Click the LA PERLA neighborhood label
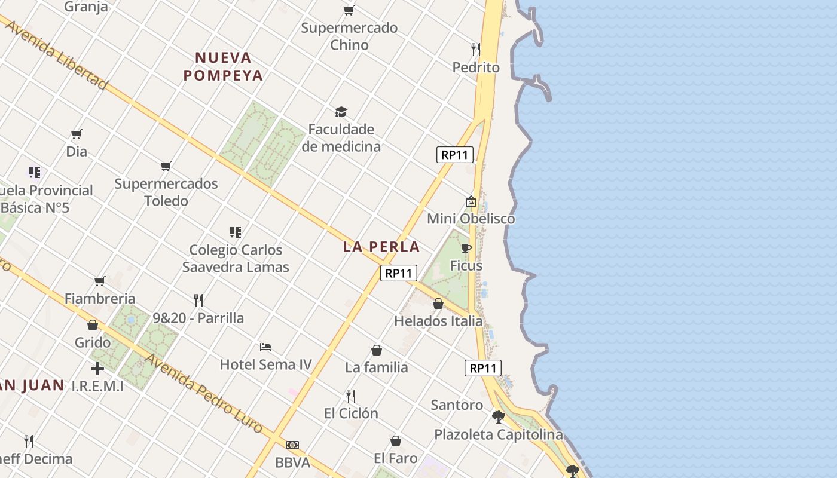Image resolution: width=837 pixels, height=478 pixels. pyautogui.click(x=381, y=247)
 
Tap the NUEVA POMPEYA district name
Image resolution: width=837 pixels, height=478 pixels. pyautogui.click(x=224, y=66)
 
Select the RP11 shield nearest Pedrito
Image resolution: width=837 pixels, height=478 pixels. pyautogui.click(x=454, y=155)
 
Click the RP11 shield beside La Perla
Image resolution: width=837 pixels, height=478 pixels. pyautogui.click(x=399, y=273)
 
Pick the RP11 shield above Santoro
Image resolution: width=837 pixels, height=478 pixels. pyautogui.click(x=482, y=368)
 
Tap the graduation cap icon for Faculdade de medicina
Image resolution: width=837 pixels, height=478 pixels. pyautogui.click(x=341, y=112)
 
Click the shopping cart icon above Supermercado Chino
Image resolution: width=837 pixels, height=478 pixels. pyautogui.click(x=349, y=10)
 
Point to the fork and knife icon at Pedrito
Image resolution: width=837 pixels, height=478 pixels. pyautogui.click(x=475, y=49)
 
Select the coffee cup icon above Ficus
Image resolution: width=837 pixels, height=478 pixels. pyautogui.click(x=466, y=248)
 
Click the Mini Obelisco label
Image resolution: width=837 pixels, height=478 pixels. pyautogui.click(x=471, y=219)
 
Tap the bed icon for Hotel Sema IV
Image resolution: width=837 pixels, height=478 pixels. pyautogui.click(x=265, y=347)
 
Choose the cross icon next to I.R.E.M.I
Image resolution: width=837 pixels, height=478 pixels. pyautogui.click(x=97, y=369)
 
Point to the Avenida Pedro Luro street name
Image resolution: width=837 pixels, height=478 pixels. pyautogui.click(x=203, y=394)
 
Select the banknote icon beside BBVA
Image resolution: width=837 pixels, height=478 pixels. pyautogui.click(x=292, y=445)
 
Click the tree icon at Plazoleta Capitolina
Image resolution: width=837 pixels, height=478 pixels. pyautogui.click(x=498, y=416)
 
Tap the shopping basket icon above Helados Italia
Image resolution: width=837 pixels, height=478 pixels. pyautogui.click(x=438, y=304)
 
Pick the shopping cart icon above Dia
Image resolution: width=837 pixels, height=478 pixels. pyautogui.click(x=76, y=134)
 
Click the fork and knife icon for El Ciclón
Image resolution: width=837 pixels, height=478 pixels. pyautogui.click(x=351, y=396)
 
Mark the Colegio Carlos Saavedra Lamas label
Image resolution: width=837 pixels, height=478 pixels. pyautogui.click(x=236, y=258)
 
